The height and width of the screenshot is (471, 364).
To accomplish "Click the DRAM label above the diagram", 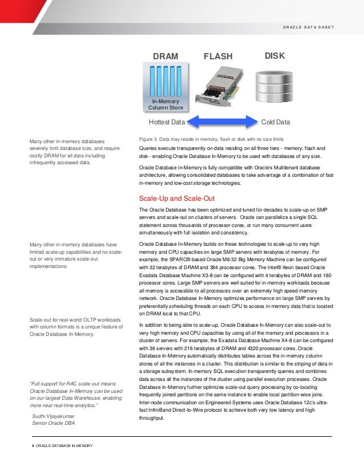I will [x=165, y=56].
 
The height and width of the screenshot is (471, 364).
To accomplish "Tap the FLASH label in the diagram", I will [x=218, y=56].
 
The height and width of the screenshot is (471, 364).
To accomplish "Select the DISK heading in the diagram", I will [x=274, y=56].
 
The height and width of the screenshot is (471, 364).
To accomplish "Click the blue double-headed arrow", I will [x=222, y=121].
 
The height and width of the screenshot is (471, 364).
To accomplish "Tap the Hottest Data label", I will [x=167, y=122].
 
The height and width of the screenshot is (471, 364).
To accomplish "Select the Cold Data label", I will [x=275, y=122].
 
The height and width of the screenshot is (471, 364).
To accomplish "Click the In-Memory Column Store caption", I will [x=165, y=104].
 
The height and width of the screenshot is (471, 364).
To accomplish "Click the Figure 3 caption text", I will [x=212, y=139].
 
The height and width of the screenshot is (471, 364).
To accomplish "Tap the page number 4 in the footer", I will [x=33, y=445].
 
